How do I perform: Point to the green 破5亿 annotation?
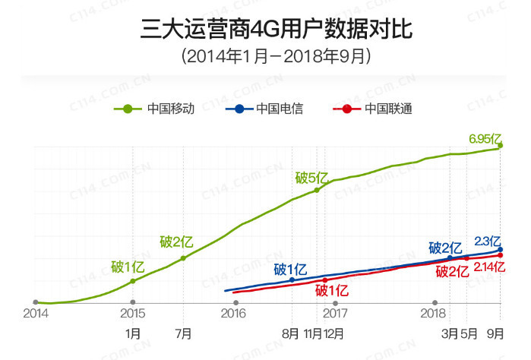tap(311, 178)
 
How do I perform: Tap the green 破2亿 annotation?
tap(176, 242)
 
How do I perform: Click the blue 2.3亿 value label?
tap(487, 241)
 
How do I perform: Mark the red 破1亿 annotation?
tap(331, 290)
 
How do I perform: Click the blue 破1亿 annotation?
tap(290, 269)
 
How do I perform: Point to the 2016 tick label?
tap(233, 313)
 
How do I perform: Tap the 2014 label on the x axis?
tap(35, 313)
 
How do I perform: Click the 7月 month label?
tap(183, 333)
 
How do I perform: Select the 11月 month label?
tap(313, 333)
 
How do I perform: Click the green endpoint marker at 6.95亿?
tap(501, 146)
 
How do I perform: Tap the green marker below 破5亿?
tap(317, 190)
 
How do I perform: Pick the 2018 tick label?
tap(434, 313)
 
